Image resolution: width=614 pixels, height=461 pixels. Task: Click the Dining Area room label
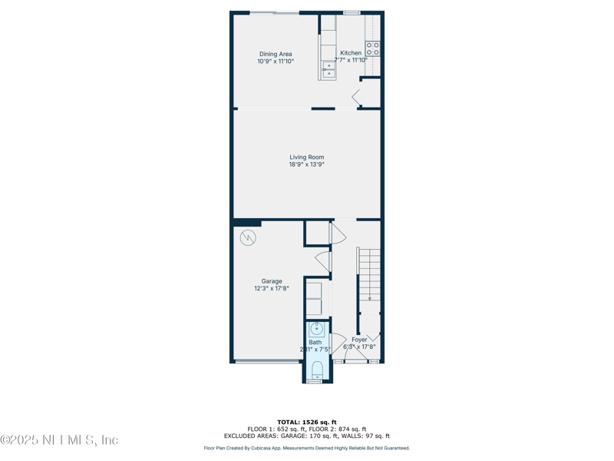point(275,55)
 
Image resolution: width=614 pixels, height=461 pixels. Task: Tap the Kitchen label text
point(351,53)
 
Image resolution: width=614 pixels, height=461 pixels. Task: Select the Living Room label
point(306,158)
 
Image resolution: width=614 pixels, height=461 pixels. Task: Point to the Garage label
point(272,281)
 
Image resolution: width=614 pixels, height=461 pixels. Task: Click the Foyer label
point(359,340)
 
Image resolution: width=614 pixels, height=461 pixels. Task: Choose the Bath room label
point(315,343)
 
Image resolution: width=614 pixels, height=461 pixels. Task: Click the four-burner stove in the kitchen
point(373,49)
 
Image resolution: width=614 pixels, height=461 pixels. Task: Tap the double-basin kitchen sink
point(328,70)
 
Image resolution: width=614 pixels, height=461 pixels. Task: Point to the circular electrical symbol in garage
point(248,237)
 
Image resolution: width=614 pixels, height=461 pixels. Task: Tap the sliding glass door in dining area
point(275,12)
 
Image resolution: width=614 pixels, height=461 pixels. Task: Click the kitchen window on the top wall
point(352,12)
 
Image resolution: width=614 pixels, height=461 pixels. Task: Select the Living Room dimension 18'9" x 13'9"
point(306,164)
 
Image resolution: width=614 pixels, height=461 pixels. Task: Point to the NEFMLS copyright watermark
point(59,440)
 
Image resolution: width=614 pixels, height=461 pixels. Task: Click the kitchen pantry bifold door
point(357,98)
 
